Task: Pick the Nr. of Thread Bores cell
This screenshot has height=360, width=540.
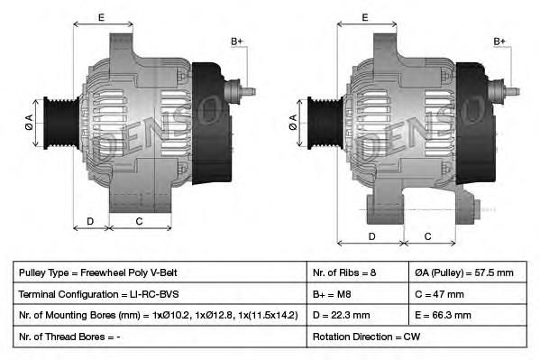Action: [69, 337]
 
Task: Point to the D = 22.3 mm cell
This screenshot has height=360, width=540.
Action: [341, 315]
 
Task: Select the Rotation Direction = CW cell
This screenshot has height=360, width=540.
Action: [366, 337]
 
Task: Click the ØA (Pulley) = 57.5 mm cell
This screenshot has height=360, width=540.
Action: [463, 272]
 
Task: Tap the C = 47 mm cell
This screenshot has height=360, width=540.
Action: [439, 294]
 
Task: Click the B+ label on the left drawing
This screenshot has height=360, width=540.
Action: [237, 42]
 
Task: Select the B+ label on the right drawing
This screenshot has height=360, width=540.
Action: [501, 42]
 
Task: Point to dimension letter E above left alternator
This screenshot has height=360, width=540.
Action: [101, 17]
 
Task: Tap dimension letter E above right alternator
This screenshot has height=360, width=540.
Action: [365, 17]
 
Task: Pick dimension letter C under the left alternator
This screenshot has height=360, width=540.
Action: [140, 221]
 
